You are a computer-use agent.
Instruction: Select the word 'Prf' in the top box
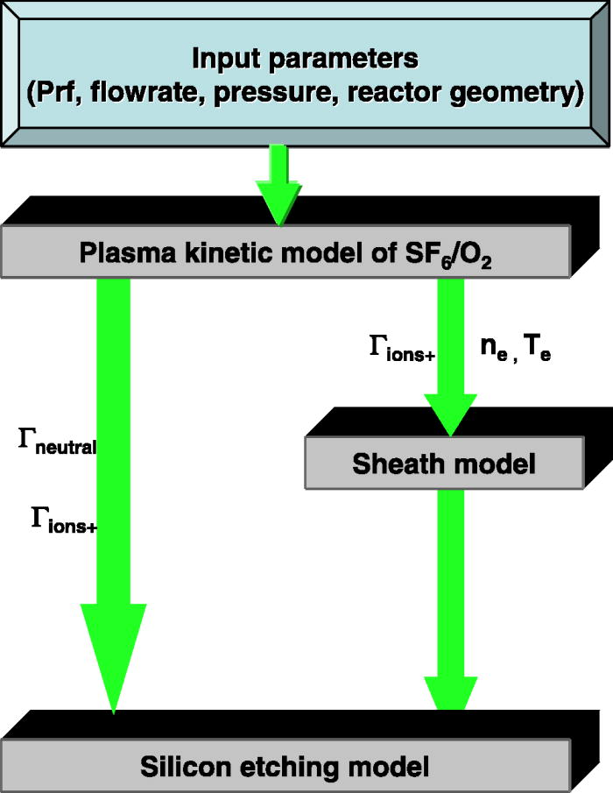pos(64,94)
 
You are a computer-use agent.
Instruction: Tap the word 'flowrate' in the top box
pos(154,94)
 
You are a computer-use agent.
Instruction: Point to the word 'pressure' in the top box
pos(274,94)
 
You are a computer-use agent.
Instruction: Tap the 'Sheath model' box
pos(443,463)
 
